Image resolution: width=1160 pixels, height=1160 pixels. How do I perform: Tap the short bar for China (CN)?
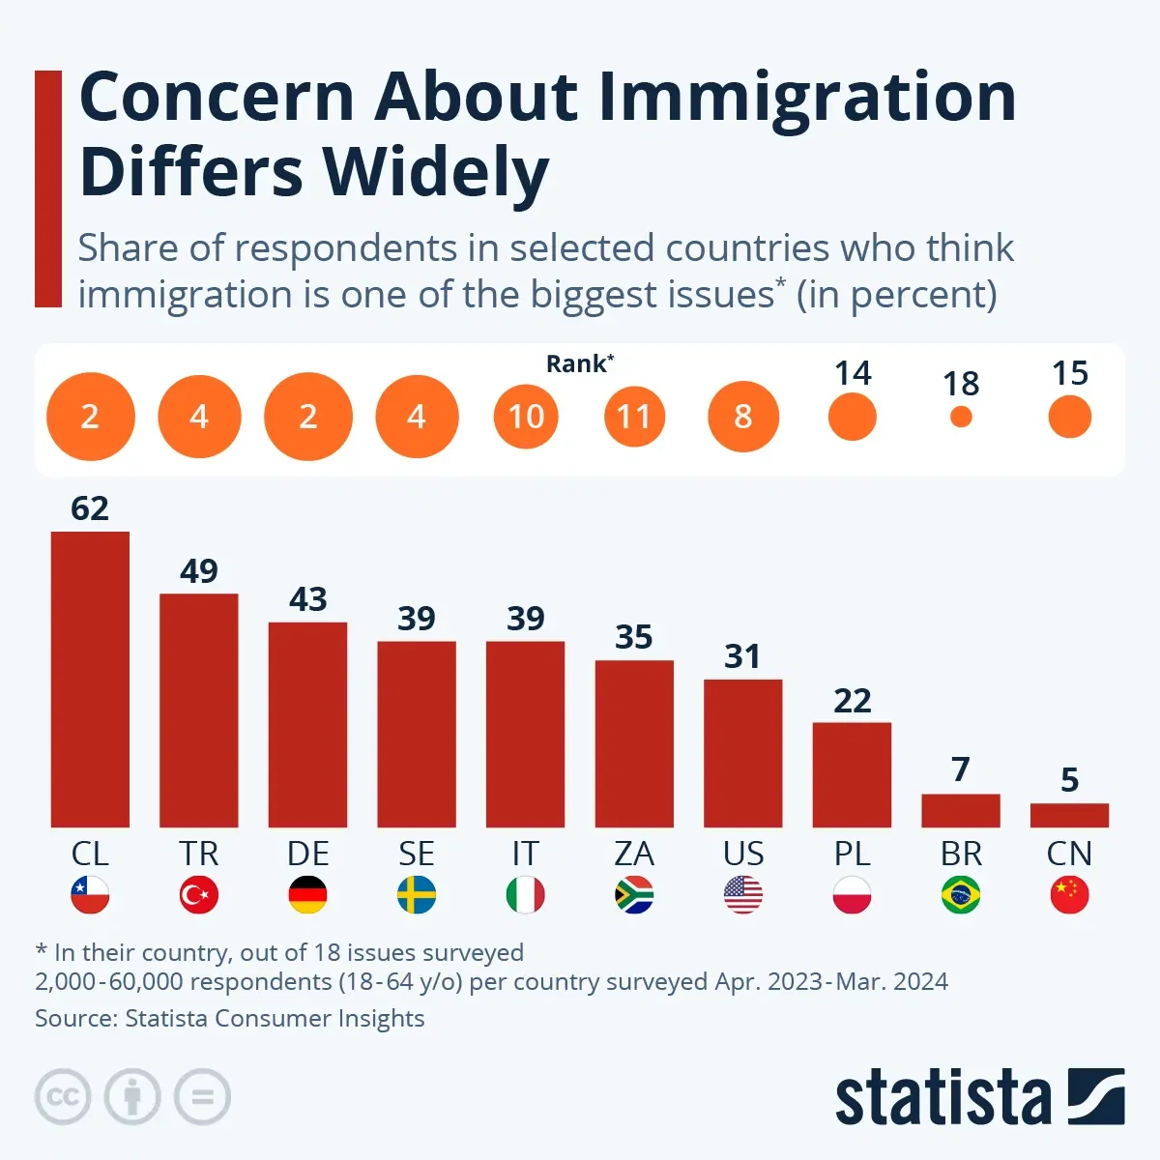(x=1069, y=815)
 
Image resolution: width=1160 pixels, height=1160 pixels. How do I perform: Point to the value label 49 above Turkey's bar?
(x=199, y=571)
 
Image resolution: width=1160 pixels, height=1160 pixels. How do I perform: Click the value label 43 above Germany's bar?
(x=308, y=599)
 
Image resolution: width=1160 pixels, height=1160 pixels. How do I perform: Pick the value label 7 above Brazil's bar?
(x=960, y=769)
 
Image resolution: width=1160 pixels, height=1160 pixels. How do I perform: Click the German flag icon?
(x=308, y=895)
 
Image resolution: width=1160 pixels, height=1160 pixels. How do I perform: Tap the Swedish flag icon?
(x=417, y=895)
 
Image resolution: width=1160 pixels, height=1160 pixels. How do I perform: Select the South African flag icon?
(x=634, y=895)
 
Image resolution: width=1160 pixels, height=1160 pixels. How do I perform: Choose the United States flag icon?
(x=743, y=895)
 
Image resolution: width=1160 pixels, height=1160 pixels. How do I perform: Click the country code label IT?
(x=525, y=854)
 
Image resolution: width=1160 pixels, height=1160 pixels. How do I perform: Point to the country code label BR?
(x=961, y=854)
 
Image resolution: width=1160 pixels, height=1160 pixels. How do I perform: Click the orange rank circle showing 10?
(x=526, y=417)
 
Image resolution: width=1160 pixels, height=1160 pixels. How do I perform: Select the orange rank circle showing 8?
(x=743, y=417)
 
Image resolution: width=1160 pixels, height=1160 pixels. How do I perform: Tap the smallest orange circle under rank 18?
(x=961, y=417)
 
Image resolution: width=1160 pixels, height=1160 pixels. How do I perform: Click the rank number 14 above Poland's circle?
(x=853, y=373)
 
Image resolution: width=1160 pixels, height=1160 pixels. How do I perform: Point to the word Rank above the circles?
(x=577, y=363)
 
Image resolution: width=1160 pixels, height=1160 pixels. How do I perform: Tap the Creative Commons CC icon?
(x=63, y=1097)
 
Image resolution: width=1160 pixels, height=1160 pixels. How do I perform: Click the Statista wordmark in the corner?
(x=942, y=1097)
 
